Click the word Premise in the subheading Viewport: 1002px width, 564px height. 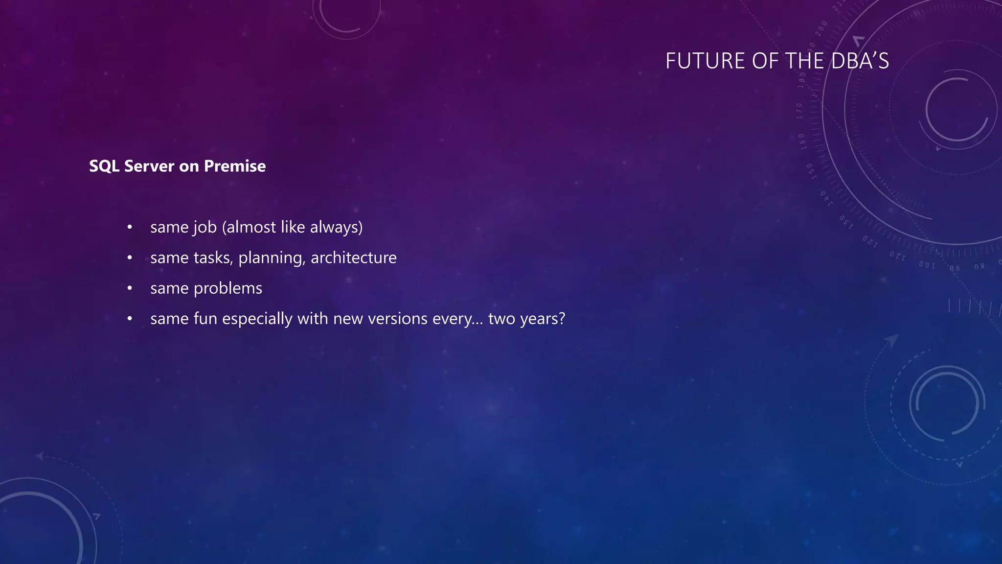(x=235, y=166)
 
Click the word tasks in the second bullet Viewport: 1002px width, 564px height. (x=213, y=258)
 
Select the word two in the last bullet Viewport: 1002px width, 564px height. (x=501, y=319)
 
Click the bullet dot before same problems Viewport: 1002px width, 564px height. (x=130, y=289)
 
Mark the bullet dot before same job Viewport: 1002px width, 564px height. (x=130, y=228)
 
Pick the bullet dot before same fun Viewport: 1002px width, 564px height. (x=130, y=319)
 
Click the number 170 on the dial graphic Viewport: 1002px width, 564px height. (x=799, y=111)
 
